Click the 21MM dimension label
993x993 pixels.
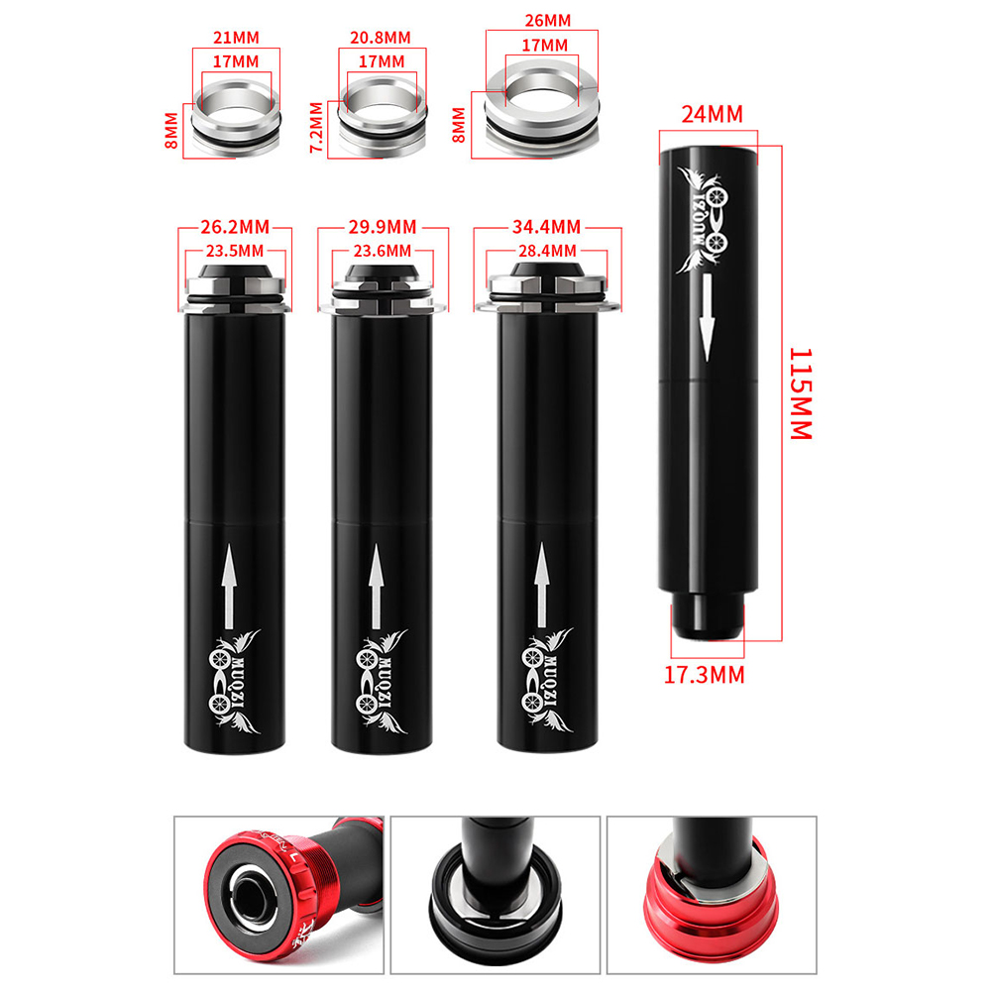(236, 38)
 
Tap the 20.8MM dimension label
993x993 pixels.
(381, 38)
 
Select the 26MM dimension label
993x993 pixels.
(548, 21)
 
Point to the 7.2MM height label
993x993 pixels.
(317, 127)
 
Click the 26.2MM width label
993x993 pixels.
(235, 227)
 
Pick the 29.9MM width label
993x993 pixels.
(383, 227)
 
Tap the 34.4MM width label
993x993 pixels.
(546, 227)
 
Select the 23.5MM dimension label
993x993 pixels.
(235, 251)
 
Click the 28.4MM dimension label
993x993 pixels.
(548, 251)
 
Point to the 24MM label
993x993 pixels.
(712, 115)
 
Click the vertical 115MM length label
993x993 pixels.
(801, 393)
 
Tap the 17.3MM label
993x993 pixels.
(705, 675)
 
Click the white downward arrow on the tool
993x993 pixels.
(708, 318)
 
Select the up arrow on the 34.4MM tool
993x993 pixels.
(541, 585)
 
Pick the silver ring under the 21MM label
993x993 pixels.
(236, 117)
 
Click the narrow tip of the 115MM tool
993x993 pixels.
(708, 615)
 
